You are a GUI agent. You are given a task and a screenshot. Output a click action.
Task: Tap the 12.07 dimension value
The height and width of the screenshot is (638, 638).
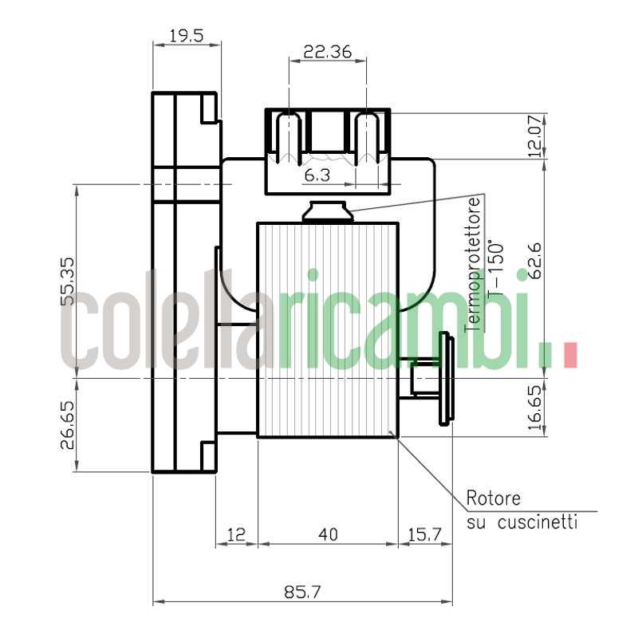click(x=537, y=136)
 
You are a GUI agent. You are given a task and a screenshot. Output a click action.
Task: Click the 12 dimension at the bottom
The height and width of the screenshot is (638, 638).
click(x=237, y=534)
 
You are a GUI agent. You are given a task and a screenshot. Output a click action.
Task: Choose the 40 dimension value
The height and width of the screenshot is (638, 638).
click(x=327, y=534)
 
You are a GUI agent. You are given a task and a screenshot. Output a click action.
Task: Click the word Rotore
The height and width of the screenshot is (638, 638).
click(x=493, y=499)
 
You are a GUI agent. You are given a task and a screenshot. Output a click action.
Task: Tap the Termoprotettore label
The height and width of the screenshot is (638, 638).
click(x=475, y=263)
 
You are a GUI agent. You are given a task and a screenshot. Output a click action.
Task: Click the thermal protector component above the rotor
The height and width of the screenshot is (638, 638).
click(x=326, y=212)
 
